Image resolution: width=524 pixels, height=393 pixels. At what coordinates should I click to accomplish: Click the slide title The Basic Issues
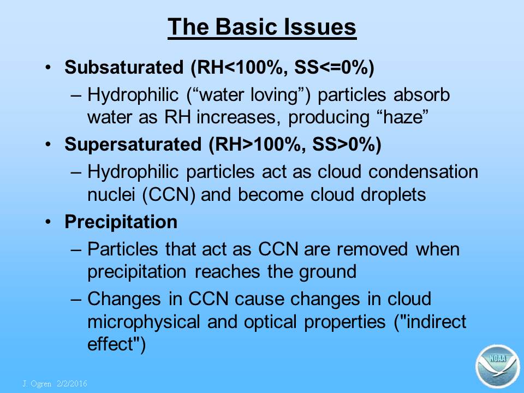click(x=262, y=27)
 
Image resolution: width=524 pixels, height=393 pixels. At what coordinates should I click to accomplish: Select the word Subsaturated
click(x=124, y=67)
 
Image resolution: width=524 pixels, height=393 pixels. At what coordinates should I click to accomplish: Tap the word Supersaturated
click(x=133, y=144)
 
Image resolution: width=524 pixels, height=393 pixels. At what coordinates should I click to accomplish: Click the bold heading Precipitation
click(x=121, y=222)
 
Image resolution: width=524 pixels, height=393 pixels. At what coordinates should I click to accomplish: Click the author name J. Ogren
click(x=37, y=384)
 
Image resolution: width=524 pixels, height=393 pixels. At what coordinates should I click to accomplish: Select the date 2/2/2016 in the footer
click(x=72, y=384)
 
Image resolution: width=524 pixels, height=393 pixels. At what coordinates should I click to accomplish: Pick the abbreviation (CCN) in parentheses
click(x=169, y=194)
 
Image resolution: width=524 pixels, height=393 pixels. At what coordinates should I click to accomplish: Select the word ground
click(x=327, y=272)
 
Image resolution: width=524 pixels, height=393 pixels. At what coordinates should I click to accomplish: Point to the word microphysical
click(x=144, y=322)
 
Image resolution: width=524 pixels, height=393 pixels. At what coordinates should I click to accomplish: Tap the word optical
click(x=270, y=322)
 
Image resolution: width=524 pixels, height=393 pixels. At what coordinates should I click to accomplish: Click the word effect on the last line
click(x=111, y=344)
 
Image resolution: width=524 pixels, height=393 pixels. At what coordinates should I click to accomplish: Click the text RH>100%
click(x=257, y=144)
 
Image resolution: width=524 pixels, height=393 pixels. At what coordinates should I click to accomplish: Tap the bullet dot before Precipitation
click(x=49, y=222)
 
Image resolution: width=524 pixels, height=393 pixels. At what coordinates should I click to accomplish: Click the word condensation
click(x=423, y=172)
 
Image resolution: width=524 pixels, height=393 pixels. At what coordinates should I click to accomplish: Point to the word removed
click(x=372, y=249)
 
